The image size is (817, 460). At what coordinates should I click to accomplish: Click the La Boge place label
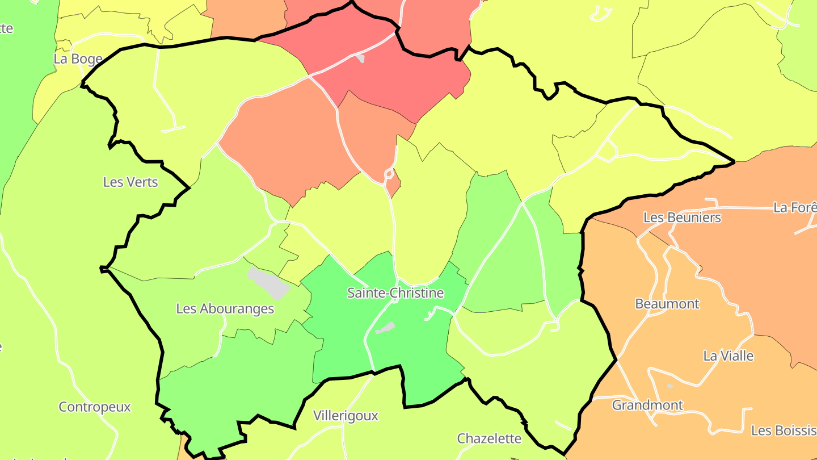(78, 58)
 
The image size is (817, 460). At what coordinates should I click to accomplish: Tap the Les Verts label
(130, 182)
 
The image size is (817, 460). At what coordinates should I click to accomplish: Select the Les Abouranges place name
(225, 308)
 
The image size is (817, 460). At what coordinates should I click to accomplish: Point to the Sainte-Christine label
(395, 293)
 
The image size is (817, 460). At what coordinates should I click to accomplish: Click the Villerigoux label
(346, 416)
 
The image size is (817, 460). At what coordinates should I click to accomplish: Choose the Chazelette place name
(489, 438)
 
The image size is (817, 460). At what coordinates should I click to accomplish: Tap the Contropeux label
(95, 407)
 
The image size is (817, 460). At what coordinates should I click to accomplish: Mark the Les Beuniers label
(682, 217)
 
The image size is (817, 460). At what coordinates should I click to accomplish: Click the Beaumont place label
(667, 304)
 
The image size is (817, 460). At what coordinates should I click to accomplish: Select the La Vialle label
(728, 356)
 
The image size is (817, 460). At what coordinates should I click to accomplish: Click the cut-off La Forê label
(795, 208)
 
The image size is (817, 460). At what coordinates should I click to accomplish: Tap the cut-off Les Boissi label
(784, 430)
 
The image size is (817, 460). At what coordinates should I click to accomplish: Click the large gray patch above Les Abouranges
(268, 283)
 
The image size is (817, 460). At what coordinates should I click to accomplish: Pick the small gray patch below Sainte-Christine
(385, 328)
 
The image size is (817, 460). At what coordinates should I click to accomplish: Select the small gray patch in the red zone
(359, 58)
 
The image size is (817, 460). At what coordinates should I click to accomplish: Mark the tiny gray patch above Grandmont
(670, 386)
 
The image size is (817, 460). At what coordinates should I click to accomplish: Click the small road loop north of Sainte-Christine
(389, 173)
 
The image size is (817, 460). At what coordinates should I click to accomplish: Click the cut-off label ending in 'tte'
(6, 28)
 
